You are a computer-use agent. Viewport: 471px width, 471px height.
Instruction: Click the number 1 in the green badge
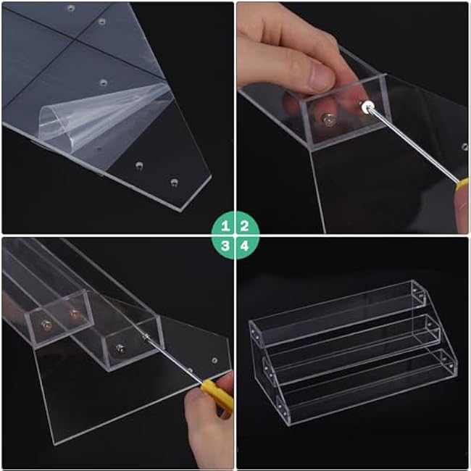tap(226, 225)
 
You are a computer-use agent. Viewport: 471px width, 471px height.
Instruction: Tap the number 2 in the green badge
tap(245, 225)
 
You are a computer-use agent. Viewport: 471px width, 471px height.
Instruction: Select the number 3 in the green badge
tap(226, 246)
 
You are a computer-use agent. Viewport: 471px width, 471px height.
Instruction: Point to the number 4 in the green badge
tap(245, 246)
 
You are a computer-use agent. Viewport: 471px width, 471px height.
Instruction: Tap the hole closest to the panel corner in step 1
tap(174, 181)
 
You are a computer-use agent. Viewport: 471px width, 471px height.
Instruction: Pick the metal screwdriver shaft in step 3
tap(174, 358)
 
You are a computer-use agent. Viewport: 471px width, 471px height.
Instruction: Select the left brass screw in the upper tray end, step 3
tap(46, 323)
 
